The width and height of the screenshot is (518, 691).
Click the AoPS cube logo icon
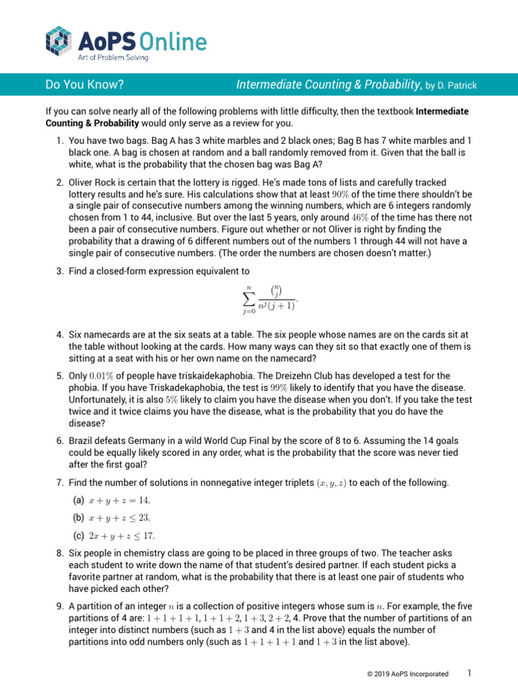pos(59,42)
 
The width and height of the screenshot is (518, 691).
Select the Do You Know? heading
pos(84,85)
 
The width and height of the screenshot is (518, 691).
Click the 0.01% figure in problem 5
pos(105,375)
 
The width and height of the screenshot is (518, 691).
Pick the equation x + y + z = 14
pos(120,501)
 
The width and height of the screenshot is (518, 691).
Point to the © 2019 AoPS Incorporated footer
pos(406,674)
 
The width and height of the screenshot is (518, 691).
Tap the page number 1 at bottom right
pos(469,673)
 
